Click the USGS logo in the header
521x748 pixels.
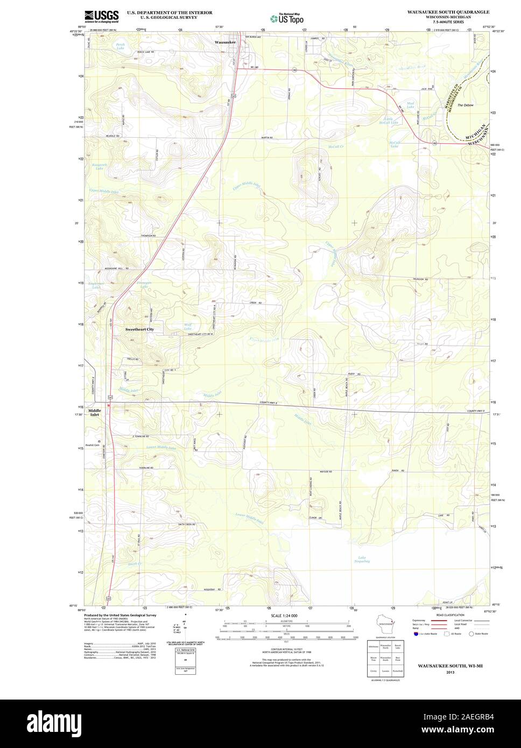tap(101, 17)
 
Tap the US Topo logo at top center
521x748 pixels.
tap(286, 18)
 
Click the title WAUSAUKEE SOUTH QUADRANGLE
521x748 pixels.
tap(448, 11)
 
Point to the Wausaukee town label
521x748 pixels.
tap(225, 41)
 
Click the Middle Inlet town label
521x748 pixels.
tap(94, 413)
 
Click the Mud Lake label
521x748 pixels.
tap(411, 104)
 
